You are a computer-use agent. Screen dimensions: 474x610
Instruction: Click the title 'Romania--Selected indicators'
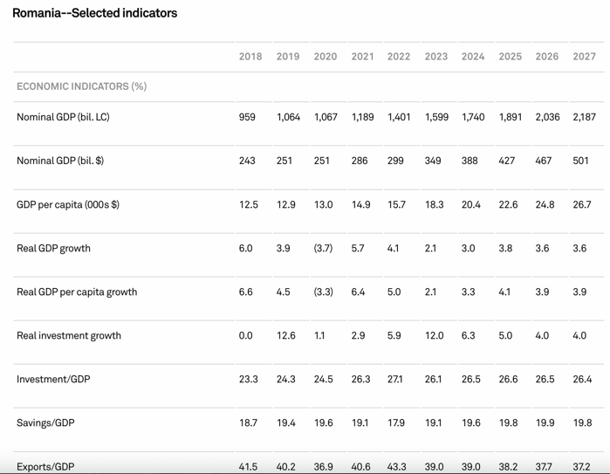click(x=94, y=13)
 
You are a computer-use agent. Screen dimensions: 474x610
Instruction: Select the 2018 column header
click(x=250, y=57)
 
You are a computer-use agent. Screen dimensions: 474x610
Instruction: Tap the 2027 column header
click(x=584, y=57)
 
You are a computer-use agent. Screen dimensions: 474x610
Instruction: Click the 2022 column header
click(x=399, y=57)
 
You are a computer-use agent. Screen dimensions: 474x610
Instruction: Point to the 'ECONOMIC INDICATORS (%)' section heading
click(x=81, y=86)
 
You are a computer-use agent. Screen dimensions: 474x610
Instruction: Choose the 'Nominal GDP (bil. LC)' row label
click(x=63, y=117)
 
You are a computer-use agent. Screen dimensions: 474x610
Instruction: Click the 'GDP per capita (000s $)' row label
click(x=68, y=204)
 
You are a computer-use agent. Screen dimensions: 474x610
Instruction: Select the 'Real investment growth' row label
click(x=69, y=335)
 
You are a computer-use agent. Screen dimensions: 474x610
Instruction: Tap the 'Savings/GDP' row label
click(x=45, y=422)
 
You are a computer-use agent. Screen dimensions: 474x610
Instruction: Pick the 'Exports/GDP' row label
click(x=45, y=467)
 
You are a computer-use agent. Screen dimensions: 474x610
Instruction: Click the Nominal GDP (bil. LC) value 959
click(x=247, y=117)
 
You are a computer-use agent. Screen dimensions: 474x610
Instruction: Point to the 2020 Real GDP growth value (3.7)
click(x=324, y=248)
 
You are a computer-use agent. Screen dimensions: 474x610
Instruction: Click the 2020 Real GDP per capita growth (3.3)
click(x=324, y=292)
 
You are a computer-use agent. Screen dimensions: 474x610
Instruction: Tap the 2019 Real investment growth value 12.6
click(x=286, y=335)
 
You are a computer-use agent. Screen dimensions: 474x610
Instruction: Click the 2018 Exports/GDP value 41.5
click(x=249, y=467)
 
